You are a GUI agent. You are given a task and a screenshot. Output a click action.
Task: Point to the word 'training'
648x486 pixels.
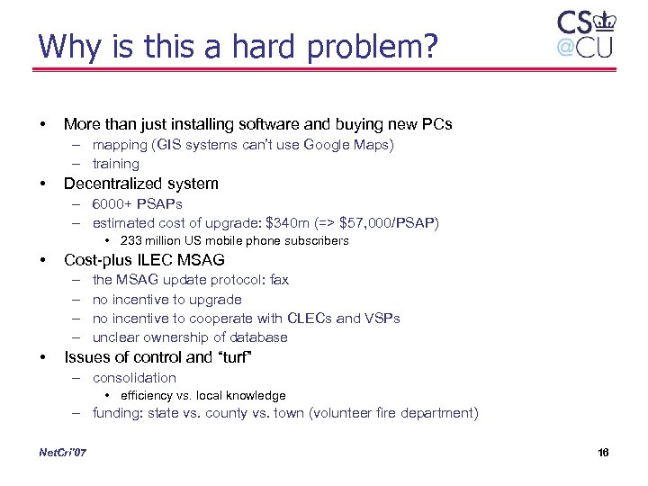point(116,164)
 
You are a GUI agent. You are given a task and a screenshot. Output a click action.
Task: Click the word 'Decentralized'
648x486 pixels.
point(108,184)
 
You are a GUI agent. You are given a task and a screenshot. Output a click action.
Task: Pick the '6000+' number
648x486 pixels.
point(112,204)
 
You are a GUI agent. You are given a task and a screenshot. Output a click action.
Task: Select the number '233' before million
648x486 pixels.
point(131,241)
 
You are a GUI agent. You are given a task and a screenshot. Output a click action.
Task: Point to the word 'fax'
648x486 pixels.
point(278,280)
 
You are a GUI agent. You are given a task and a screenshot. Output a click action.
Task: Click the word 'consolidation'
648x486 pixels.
point(134,378)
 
